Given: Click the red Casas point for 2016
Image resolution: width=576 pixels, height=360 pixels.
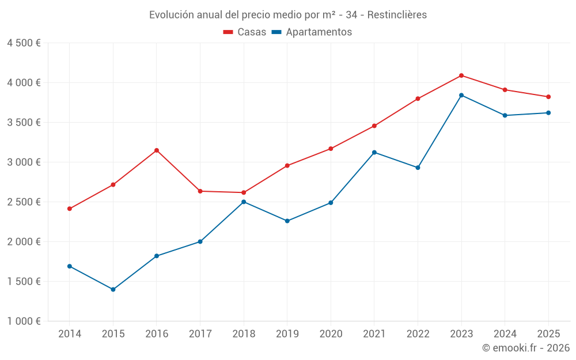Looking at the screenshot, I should click(x=157, y=150).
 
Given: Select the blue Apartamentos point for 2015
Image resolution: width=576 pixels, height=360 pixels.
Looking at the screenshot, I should click(x=113, y=289).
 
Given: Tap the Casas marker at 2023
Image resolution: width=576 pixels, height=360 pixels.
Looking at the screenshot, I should click(x=461, y=75).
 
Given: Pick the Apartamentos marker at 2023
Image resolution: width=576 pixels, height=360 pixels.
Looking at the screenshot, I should click(x=461, y=95).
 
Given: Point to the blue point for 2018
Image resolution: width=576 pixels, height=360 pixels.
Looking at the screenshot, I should click(x=244, y=202).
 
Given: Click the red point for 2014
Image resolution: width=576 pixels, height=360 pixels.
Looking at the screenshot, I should click(x=70, y=209).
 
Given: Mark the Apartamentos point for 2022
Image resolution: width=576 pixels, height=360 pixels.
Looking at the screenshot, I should click(x=418, y=168).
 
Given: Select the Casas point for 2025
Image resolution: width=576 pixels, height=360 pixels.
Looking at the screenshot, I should click(x=548, y=97).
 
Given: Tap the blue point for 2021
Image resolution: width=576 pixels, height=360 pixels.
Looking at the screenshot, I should click(x=374, y=152).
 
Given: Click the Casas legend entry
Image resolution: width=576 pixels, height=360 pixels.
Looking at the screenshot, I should click(x=245, y=32).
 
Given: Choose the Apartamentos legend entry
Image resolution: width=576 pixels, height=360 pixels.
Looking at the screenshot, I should click(x=312, y=32).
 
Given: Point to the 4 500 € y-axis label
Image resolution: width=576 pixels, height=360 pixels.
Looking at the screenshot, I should click(x=24, y=43).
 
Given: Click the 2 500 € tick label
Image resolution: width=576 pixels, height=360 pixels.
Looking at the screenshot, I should click(x=24, y=202).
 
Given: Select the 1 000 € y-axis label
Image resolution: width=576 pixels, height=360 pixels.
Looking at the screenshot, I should click(x=24, y=321).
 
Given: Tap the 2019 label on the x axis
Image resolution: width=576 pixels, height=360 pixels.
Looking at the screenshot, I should click(x=287, y=334).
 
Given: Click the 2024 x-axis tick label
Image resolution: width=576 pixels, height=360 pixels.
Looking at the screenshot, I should click(x=505, y=334).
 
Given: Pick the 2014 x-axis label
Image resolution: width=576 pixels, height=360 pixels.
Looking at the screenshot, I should click(x=70, y=334).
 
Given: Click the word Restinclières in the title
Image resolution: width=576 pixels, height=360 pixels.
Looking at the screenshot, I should click(x=398, y=14).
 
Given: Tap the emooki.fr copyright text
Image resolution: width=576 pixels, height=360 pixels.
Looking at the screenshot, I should click(x=526, y=348).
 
